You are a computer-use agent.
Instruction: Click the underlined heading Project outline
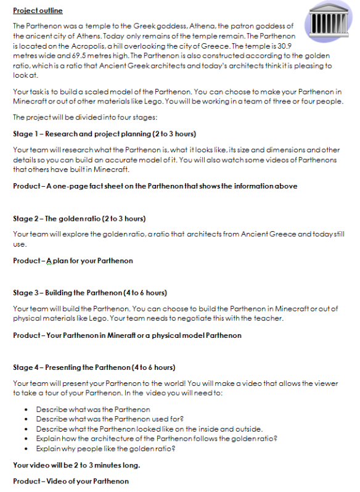tap(38, 11)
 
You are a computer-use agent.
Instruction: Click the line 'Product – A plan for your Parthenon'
tap(73, 261)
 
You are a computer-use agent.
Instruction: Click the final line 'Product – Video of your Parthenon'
tap(71, 481)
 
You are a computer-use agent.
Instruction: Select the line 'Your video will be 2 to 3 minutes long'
tap(76, 465)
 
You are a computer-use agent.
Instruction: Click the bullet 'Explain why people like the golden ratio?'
tap(105, 449)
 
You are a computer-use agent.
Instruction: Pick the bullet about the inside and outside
tap(149, 429)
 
